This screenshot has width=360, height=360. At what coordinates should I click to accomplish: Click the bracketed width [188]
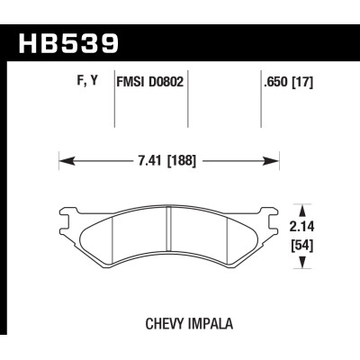click(x=180, y=163)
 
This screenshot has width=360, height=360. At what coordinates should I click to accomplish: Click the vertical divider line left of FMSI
click(x=116, y=108)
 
